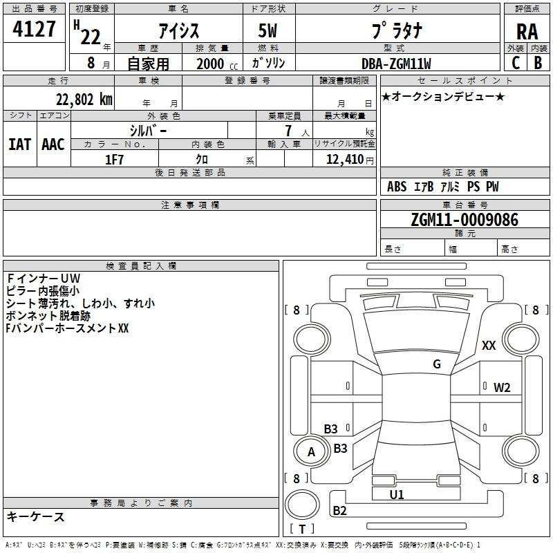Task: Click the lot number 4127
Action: click(x=34, y=29)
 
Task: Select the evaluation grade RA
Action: click(x=527, y=32)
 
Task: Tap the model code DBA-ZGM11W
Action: click(x=396, y=64)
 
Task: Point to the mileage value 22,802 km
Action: click(x=84, y=100)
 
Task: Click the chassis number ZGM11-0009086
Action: click(x=465, y=220)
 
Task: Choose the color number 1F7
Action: click(x=114, y=160)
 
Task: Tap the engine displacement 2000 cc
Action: click(x=217, y=64)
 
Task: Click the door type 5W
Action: click(x=268, y=30)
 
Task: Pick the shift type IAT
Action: click(x=20, y=144)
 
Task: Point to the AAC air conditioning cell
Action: click(x=53, y=144)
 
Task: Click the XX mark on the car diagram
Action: click(x=489, y=345)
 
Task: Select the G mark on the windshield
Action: click(x=437, y=364)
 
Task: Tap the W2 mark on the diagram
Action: click(x=502, y=388)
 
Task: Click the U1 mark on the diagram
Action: click(x=396, y=494)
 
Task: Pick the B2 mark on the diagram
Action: click(x=339, y=510)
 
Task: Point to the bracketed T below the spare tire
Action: click(x=302, y=529)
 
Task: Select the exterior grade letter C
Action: click(x=516, y=63)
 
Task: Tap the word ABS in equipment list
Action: click(x=397, y=187)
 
